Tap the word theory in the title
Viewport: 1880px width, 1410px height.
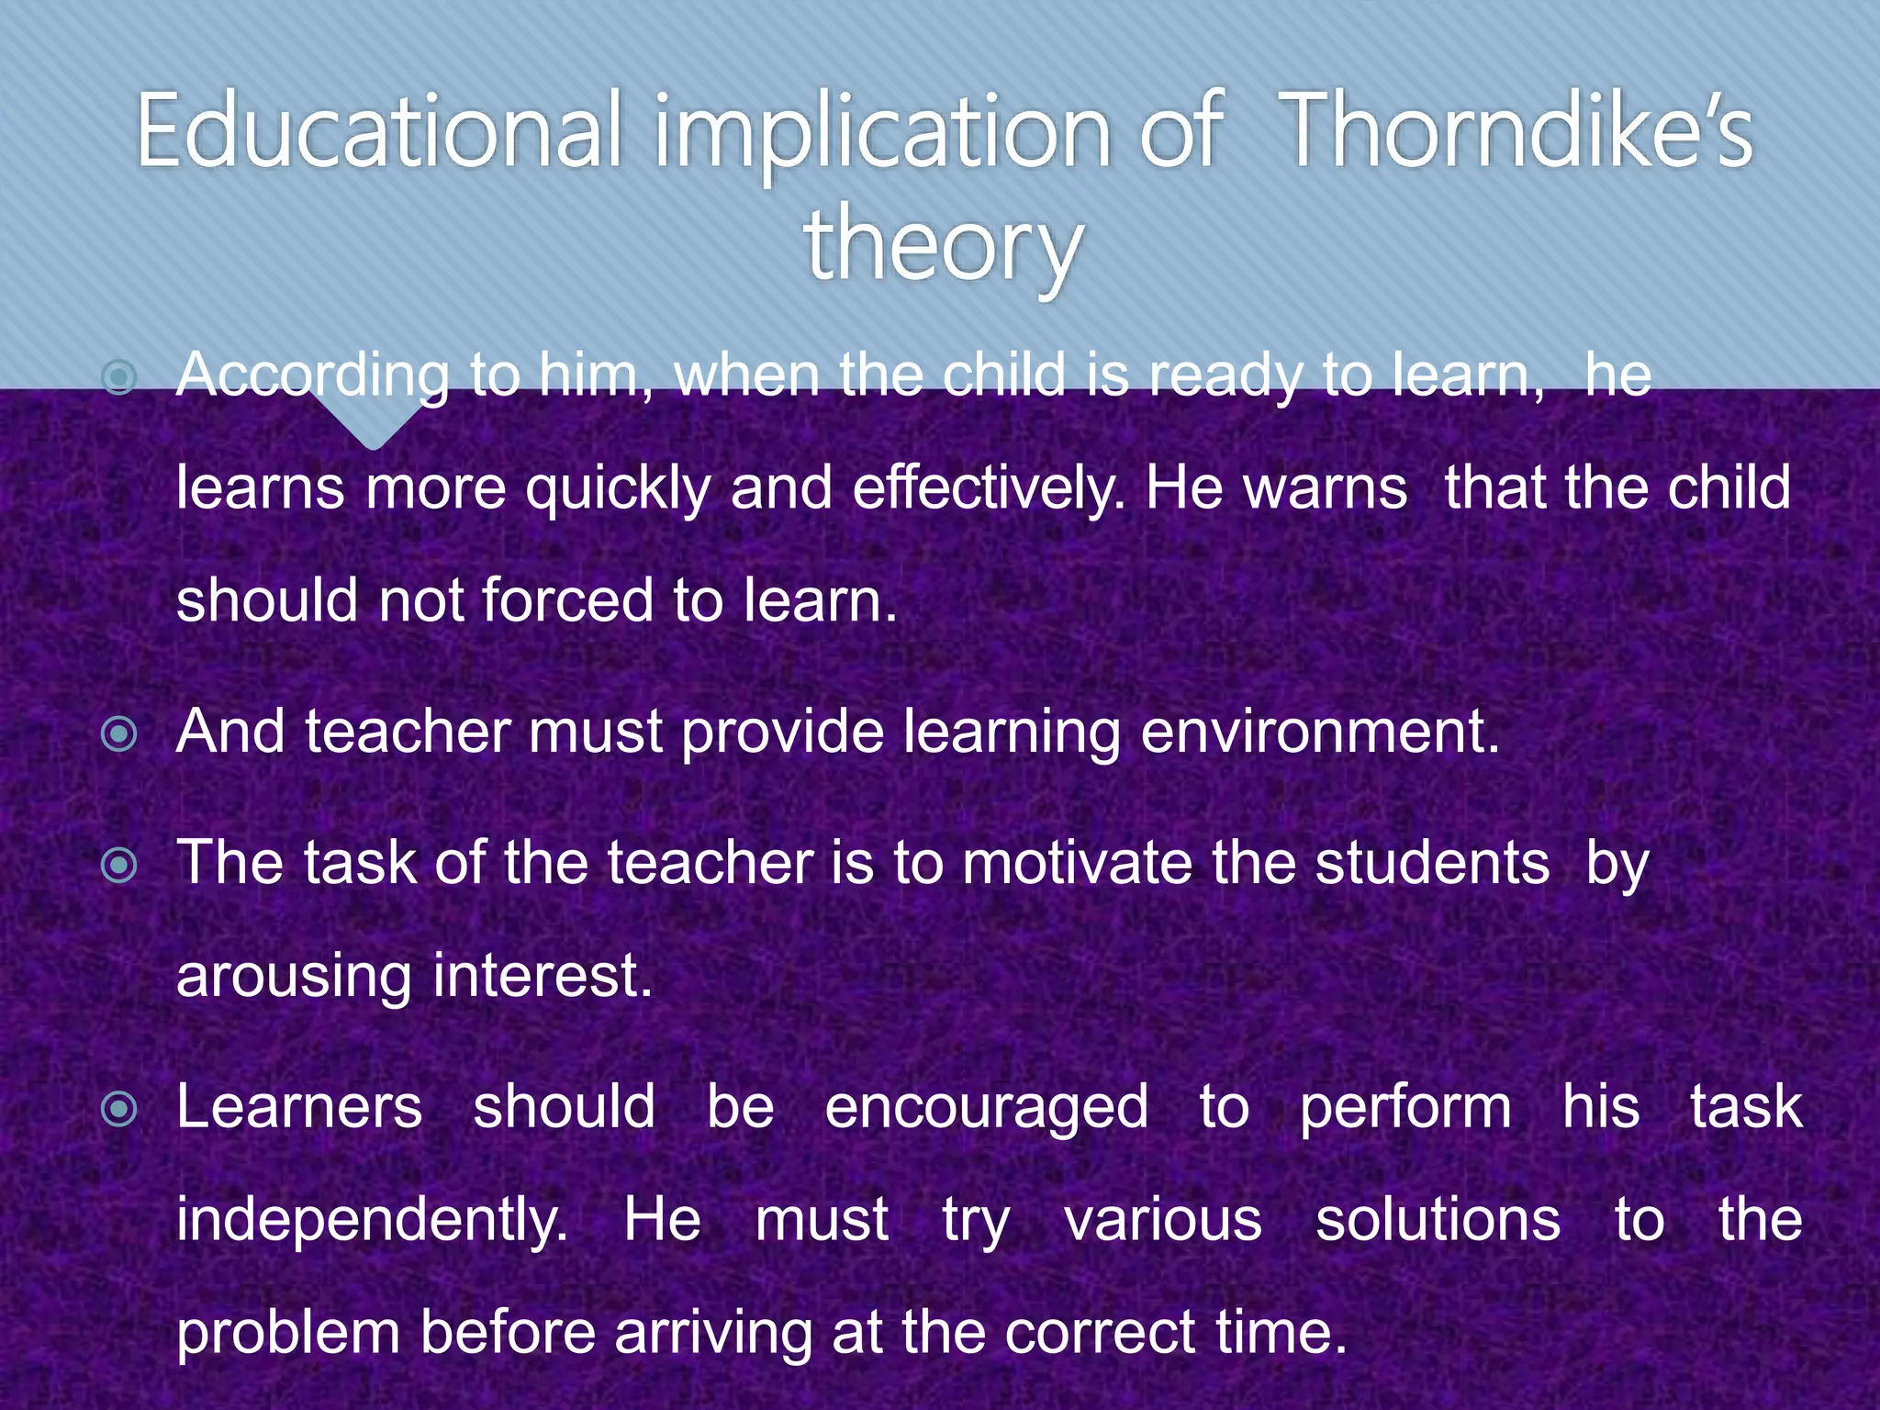[x=944, y=244]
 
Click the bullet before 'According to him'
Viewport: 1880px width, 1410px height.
[x=119, y=376]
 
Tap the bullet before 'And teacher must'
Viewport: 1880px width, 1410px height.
[x=119, y=733]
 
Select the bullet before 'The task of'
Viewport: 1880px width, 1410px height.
[x=119, y=864]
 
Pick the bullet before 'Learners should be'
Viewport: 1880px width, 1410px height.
[x=119, y=1108]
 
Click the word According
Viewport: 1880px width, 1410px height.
[x=312, y=376]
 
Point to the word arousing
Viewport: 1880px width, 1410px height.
[x=294, y=977]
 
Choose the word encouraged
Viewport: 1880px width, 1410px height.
[x=986, y=1108]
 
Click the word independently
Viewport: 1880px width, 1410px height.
[x=372, y=1221]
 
